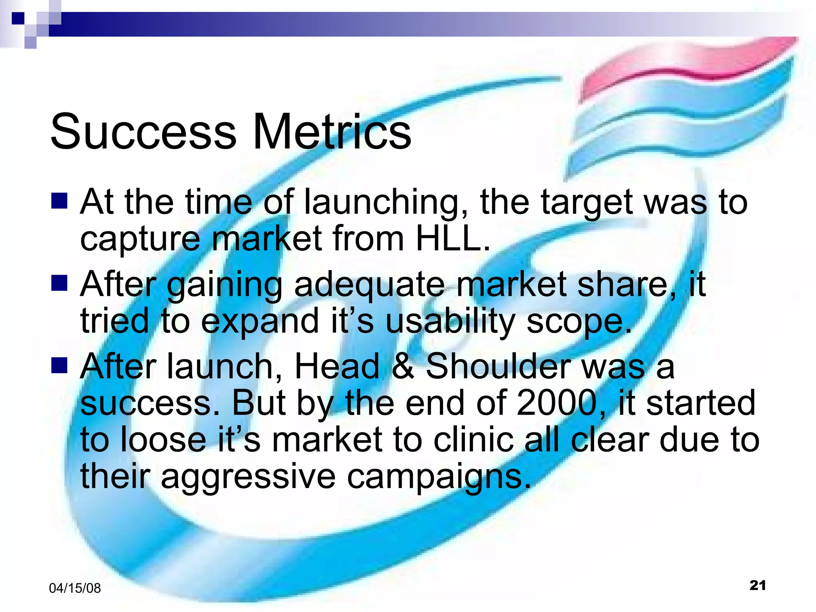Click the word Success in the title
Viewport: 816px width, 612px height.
[143, 131]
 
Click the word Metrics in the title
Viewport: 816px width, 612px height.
[332, 131]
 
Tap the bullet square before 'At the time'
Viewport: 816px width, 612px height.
[59, 201]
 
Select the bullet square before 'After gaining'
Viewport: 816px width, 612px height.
[59, 283]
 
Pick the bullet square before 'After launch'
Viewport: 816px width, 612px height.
[59, 365]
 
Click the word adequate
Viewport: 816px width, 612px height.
[369, 284]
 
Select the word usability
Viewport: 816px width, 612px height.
[450, 321]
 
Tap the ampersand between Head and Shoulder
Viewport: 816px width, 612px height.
[402, 366]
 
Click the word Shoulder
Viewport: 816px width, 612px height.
[498, 366]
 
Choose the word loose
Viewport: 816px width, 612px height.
[163, 440]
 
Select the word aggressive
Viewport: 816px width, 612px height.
[248, 477]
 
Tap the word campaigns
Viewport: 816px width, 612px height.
[438, 477]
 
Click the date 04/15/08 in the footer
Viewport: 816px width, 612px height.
[75, 588]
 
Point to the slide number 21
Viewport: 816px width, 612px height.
[757, 585]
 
